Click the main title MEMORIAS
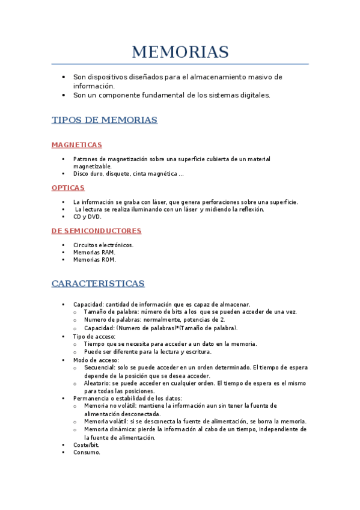[x=180, y=52]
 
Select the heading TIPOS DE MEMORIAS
[x=105, y=120]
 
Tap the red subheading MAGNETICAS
[x=77, y=145]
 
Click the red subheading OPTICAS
[x=68, y=188]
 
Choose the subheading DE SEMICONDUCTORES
[x=96, y=230]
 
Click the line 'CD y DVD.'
[x=87, y=217]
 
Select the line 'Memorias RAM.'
[x=94, y=253]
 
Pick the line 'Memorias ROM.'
[x=94, y=260]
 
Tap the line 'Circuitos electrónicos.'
[x=103, y=245]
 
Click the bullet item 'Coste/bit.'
[x=87, y=445]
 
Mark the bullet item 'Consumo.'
[x=87, y=452]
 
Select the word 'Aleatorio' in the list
[x=98, y=382]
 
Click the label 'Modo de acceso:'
[x=96, y=360]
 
